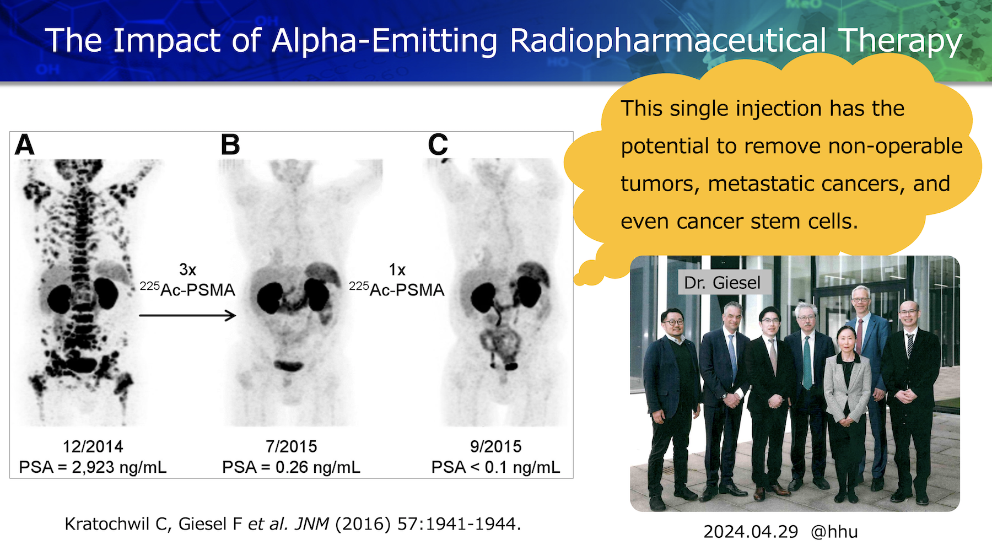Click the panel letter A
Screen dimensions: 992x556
click(25, 145)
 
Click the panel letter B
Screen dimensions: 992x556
click(230, 145)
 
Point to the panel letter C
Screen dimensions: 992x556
click(438, 145)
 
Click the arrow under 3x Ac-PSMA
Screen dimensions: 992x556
click(187, 315)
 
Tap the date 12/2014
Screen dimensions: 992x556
click(93, 446)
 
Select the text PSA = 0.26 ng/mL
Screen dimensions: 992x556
click(291, 467)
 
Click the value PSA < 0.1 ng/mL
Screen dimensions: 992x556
click(495, 467)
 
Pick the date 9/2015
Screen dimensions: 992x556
click(495, 446)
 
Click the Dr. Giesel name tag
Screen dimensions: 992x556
click(722, 283)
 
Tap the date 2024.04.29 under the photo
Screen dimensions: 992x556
click(751, 532)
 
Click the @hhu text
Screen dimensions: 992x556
click(834, 532)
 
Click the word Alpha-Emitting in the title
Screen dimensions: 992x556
click(385, 40)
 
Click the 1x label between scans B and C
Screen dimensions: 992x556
click(397, 269)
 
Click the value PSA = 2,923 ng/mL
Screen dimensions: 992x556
click(93, 467)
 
